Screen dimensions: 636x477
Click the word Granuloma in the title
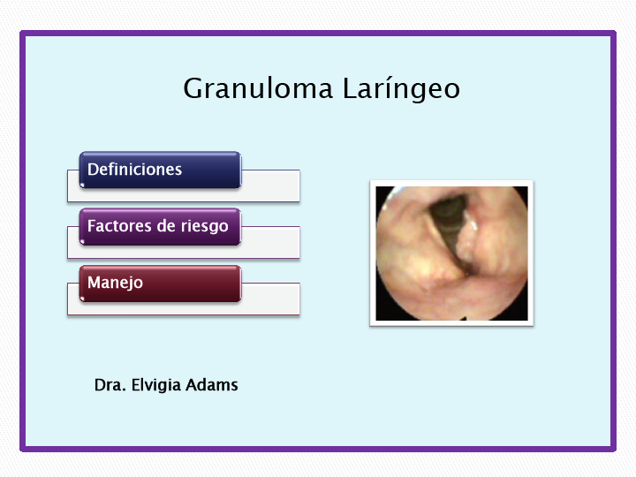(x=258, y=88)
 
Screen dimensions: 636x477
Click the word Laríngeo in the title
(x=402, y=88)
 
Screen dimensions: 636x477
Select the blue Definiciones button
(x=160, y=170)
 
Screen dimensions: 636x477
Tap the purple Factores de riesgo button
(x=160, y=227)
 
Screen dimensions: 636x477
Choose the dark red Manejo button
(x=160, y=284)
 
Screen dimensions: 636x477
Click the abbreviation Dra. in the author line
(x=110, y=385)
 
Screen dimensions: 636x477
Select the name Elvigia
(x=155, y=385)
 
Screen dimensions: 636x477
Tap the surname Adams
(x=212, y=385)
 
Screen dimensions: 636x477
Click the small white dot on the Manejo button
(x=82, y=299)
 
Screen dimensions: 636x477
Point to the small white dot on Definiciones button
(x=82, y=185)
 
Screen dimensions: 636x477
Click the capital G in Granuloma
(x=193, y=88)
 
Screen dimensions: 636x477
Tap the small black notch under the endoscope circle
(x=465, y=317)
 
